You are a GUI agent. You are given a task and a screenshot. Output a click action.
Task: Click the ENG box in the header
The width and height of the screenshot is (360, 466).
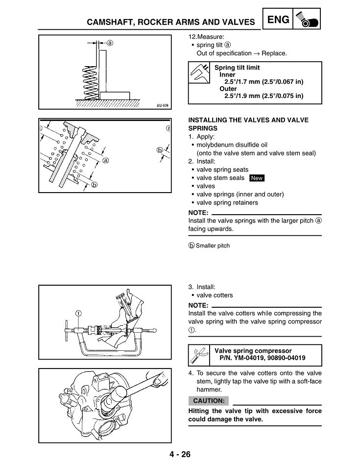278,19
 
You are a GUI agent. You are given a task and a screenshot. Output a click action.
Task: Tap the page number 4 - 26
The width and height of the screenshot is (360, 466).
179,454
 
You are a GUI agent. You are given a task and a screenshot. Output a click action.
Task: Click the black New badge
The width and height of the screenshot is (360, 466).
257,178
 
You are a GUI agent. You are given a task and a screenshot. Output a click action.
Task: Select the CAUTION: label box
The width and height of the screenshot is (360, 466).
208,401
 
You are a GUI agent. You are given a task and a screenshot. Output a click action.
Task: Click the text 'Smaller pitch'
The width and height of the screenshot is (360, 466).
213,245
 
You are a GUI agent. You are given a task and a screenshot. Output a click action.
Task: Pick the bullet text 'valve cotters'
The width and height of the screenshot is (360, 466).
215,295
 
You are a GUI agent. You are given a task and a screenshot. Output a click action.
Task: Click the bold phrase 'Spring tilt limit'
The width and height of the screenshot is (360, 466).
237,68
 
